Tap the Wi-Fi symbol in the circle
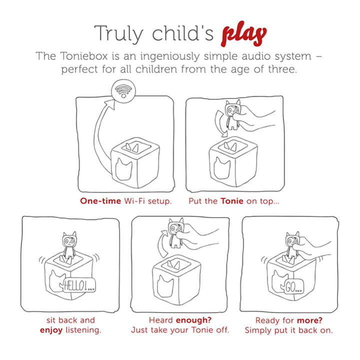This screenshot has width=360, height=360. tap(123, 91)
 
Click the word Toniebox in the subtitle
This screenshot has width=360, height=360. tap(84, 56)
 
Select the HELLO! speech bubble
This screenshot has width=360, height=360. tap(79, 285)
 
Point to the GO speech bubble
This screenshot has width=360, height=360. tap(294, 287)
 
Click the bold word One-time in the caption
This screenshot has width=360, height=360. tap(100, 201)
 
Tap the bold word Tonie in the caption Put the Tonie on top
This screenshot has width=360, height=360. tap(232, 201)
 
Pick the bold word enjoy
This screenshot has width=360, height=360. tap(51, 330)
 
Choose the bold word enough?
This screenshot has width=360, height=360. tap(194, 320)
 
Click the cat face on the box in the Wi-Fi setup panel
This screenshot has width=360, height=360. tap(123, 169)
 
